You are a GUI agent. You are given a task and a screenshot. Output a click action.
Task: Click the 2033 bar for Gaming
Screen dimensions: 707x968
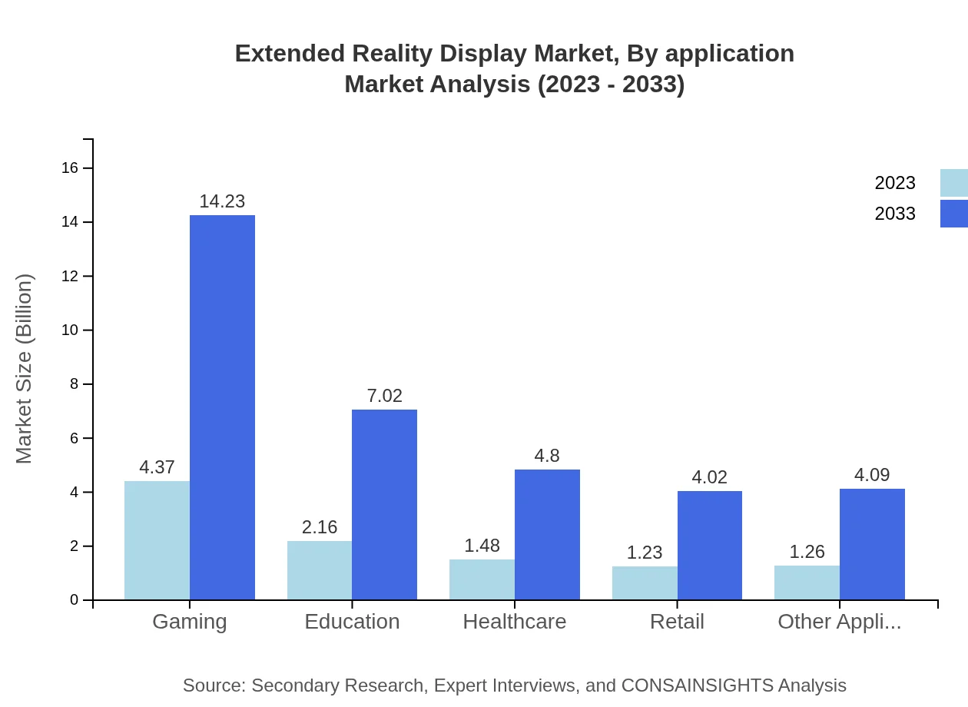point(222,407)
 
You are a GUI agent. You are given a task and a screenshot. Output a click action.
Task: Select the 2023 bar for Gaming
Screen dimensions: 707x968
point(157,540)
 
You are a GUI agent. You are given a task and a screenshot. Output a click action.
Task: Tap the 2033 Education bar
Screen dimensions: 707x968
point(384,504)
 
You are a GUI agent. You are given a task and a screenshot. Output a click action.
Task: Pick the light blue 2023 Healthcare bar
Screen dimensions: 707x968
point(482,579)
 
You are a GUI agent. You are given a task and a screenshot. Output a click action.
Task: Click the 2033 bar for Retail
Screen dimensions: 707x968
point(710,545)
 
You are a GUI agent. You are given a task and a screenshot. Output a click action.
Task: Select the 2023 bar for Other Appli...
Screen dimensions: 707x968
point(807,583)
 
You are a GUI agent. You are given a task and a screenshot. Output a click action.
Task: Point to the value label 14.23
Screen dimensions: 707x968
point(222,201)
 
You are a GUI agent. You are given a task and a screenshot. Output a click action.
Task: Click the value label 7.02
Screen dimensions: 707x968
point(384,396)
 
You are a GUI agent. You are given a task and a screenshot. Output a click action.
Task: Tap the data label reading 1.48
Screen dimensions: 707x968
point(482,546)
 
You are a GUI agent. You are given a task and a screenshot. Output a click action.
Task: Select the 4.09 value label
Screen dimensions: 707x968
point(872,475)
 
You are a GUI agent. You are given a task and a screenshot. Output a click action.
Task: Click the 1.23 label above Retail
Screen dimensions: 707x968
point(645,553)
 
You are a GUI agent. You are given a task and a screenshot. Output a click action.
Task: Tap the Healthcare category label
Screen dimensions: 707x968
point(514,622)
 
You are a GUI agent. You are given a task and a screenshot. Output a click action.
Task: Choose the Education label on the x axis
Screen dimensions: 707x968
point(352,622)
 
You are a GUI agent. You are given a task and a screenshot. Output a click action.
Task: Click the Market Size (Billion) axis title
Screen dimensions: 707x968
point(25,369)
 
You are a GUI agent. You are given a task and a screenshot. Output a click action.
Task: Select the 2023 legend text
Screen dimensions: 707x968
point(895,183)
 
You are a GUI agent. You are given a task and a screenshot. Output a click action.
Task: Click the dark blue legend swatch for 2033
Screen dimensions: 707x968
point(953,214)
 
